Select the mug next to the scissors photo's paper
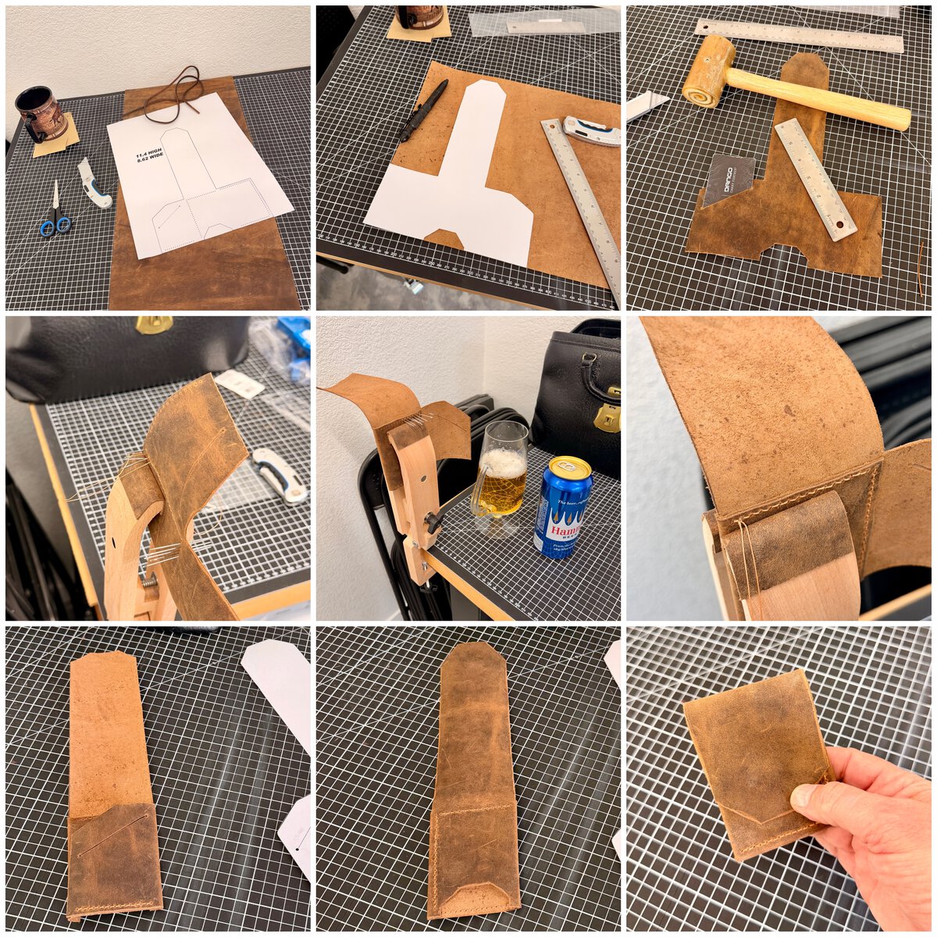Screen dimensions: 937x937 pyautogui.click(x=41, y=113)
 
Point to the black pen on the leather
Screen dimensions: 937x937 pyautogui.click(x=423, y=109)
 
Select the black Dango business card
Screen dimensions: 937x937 pyautogui.click(x=728, y=180)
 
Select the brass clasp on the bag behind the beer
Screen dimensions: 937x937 pyautogui.click(x=607, y=417)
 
